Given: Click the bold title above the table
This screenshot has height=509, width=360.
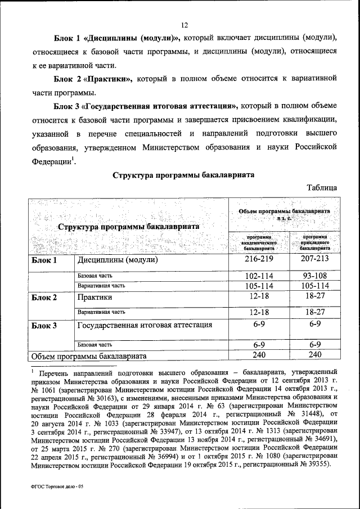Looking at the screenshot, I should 183,175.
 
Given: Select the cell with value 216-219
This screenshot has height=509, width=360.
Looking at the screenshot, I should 259,261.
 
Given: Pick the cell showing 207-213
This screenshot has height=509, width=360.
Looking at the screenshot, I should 314,261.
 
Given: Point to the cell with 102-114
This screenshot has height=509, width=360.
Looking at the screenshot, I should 259,277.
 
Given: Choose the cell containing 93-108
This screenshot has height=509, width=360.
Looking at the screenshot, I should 314,277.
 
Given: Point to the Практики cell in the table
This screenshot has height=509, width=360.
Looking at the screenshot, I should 97,298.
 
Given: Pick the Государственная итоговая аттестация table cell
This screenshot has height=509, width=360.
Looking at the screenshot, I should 145,325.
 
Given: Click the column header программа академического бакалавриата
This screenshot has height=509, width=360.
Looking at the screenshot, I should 259,242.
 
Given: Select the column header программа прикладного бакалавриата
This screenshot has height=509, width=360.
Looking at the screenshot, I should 314,242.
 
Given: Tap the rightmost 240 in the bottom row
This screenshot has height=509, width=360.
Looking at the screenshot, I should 314,355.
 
